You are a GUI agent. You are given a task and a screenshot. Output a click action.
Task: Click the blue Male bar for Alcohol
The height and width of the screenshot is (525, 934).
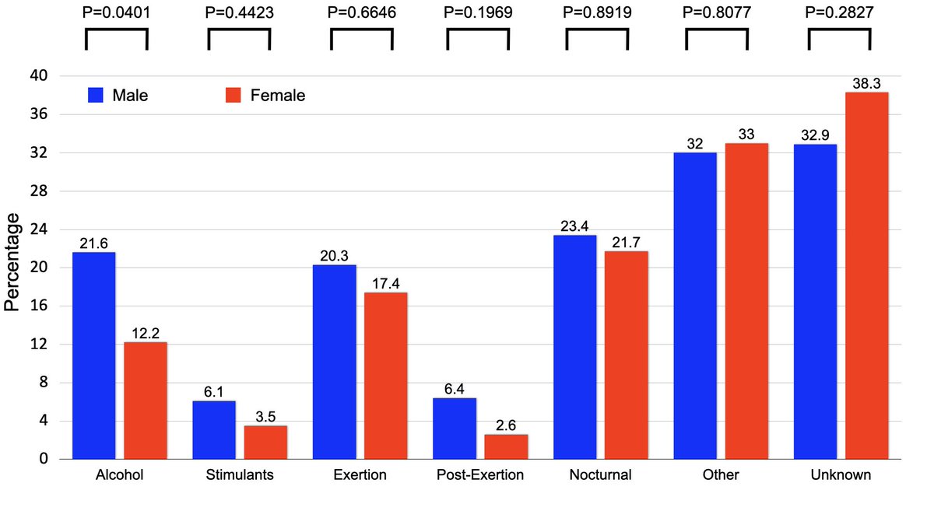point(94,355)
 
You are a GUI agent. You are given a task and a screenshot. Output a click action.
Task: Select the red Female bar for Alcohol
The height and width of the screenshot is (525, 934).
point(146,401)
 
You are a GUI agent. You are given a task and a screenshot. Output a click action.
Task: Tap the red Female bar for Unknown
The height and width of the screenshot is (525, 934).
point(866,275)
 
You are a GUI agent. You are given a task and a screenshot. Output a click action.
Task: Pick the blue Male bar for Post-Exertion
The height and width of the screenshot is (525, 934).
point(455,429)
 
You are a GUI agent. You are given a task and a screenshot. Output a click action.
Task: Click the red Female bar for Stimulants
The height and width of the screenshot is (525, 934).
point(265,442)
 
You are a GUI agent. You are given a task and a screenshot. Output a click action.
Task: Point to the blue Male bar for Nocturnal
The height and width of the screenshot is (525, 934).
point(574,347)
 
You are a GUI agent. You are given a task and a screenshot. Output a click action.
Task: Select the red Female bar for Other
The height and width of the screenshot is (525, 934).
point(746,301)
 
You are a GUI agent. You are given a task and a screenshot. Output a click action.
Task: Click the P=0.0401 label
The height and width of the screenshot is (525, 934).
point(116,12)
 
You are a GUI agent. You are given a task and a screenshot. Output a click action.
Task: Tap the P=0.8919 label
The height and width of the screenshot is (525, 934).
point(596,12)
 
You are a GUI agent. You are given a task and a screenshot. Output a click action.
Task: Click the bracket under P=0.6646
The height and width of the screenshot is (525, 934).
point(356,39)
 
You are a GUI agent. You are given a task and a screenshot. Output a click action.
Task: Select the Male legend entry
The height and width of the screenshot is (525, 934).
point(117,96)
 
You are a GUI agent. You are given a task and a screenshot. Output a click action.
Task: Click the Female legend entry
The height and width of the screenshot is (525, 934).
point(265,96)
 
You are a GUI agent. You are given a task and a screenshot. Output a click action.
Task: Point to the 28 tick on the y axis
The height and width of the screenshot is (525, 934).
point(39,191)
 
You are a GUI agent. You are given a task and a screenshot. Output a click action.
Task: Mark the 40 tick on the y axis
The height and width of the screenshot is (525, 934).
point(39,76)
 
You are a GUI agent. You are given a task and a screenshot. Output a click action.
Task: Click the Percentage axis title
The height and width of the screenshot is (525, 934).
point(12,268)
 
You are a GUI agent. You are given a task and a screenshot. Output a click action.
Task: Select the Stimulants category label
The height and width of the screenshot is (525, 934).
point(240,475)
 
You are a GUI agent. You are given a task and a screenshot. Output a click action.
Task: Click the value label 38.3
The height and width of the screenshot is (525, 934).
point(866,83)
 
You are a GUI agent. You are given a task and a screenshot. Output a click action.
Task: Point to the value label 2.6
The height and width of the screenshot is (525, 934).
point(506,425)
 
